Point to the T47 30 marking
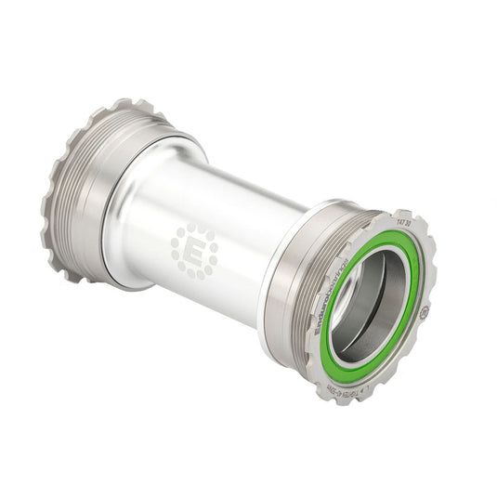(x=406, y=225)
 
